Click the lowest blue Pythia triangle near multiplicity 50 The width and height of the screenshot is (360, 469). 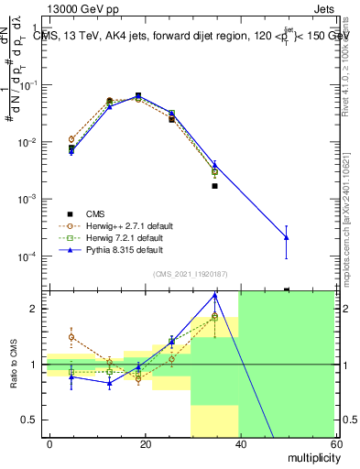(x=287, y=237)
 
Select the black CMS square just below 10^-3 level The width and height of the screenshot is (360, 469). (x=214, y=186)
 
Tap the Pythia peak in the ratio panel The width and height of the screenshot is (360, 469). (x=214, y=296)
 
